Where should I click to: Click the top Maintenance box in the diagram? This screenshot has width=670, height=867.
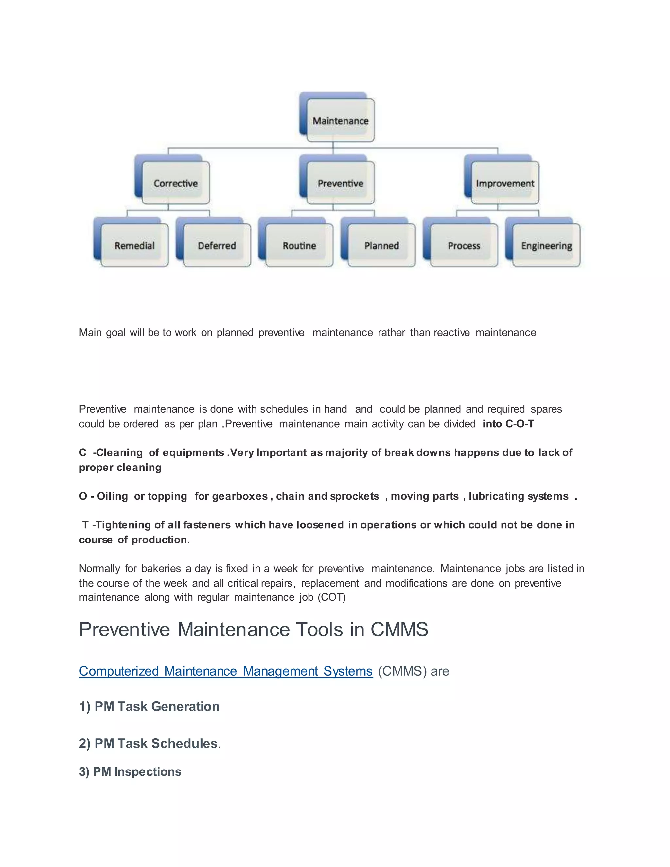click(340, 120)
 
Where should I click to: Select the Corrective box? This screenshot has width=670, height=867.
click(175, 183)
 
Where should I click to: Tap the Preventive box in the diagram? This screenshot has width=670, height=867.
click(340, 183)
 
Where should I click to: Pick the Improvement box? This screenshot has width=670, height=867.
click(505, 183)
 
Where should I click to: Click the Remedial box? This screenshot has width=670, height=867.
click(134, 245)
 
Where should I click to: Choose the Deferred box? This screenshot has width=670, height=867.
click(217, 245)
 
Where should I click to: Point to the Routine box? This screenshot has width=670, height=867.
click(299, 245)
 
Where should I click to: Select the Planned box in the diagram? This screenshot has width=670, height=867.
click(381, 245)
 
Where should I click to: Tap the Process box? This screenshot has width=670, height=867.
click(464, 245)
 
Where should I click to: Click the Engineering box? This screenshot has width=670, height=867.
click(546, 245)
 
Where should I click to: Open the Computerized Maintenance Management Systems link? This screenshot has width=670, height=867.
click(225, 671)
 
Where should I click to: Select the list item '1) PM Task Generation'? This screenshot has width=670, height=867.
click(149, 706)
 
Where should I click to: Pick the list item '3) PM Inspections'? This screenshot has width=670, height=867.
click(130, 771)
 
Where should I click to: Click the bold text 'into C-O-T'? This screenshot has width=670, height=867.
click(508, 424)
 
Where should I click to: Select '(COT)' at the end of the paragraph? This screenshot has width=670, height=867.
click(331, 597)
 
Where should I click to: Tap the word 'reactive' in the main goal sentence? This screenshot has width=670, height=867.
click(452, 332)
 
